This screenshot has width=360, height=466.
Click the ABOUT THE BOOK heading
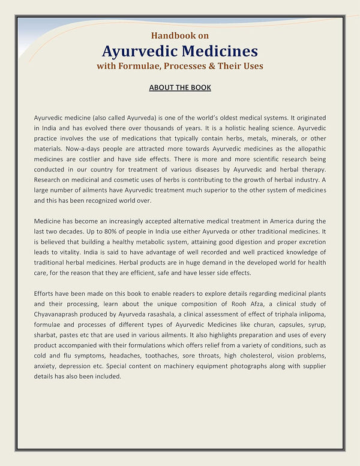[x=180, y=88]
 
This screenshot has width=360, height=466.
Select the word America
[x=273, y=221]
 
